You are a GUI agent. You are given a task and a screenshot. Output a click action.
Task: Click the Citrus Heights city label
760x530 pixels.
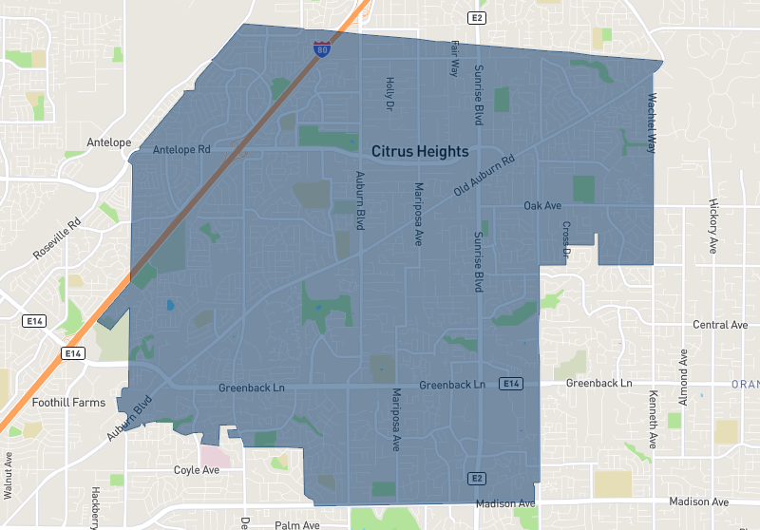(x=420, y=151)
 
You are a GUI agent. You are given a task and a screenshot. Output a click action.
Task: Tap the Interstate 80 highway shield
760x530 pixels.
(x=323, y=47)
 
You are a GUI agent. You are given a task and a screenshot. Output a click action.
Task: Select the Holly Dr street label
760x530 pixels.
(x=389, y=94)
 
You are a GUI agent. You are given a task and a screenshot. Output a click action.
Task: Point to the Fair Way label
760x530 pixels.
(x=455, y=59)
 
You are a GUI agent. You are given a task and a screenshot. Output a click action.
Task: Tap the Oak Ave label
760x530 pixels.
(x=543, y=206)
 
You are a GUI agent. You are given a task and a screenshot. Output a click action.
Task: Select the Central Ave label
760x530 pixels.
(x=720, y=325)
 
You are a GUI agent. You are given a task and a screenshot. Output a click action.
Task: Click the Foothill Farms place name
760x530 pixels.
(x=68, y=403)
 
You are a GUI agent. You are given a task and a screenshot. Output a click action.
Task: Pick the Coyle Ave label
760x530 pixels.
(x=197, y=470)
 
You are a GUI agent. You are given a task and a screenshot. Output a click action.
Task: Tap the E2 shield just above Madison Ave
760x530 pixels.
(x=477, y=478)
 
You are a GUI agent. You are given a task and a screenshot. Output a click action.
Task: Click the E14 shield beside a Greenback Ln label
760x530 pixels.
(x=511, y=384)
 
